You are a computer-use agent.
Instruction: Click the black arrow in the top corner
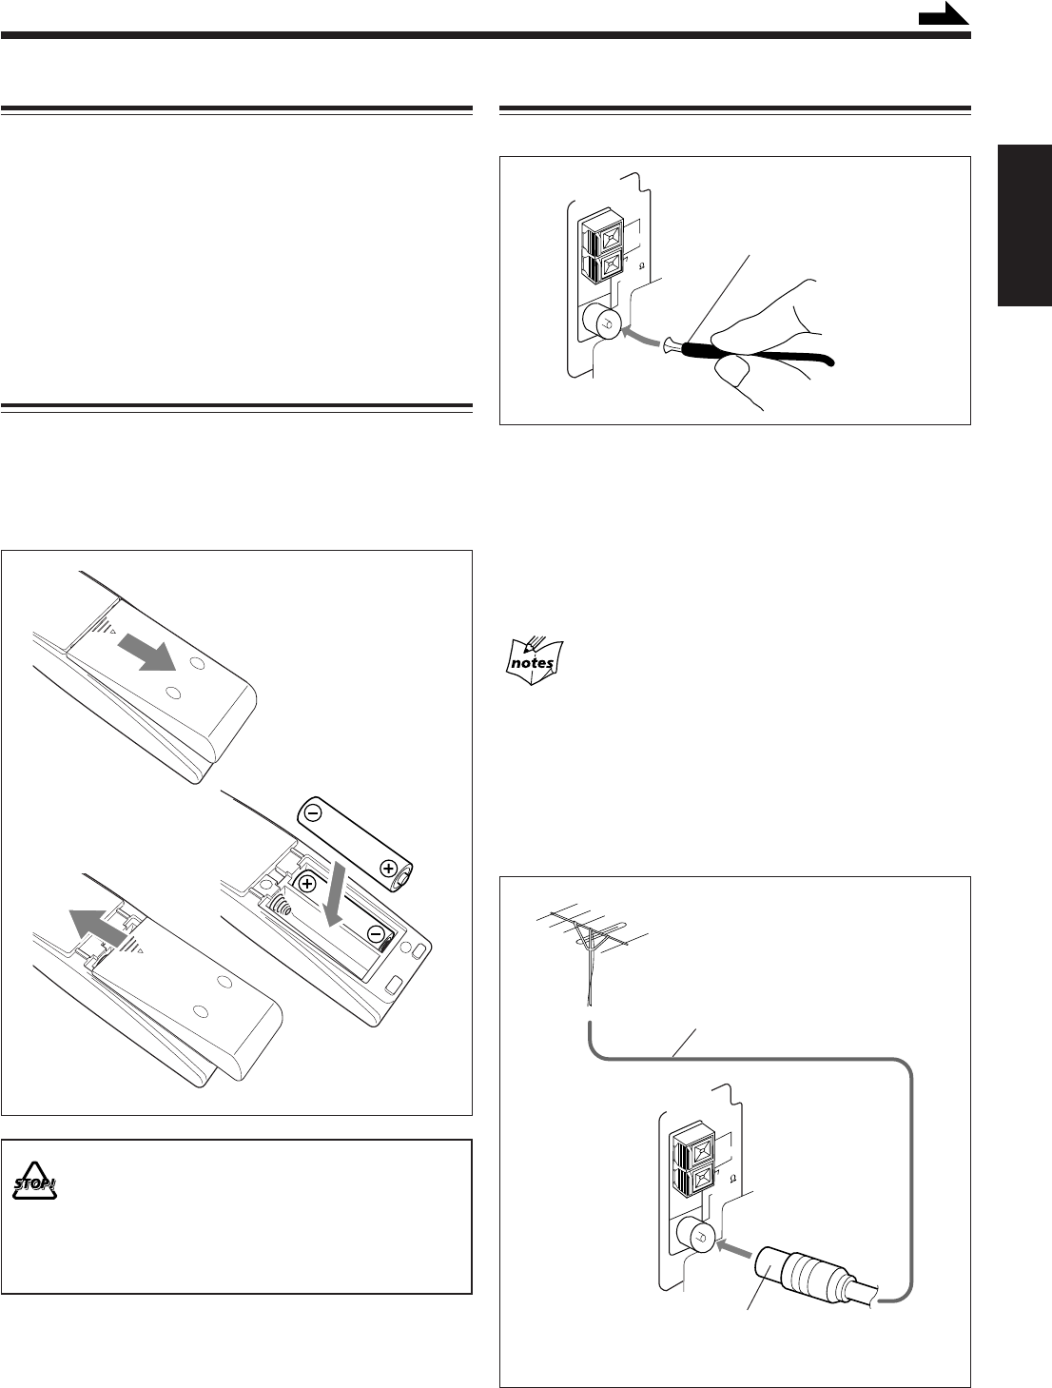coord(944,14)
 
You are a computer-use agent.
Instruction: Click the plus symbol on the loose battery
coord(387,868)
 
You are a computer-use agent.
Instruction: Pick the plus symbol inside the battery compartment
coord(307,884)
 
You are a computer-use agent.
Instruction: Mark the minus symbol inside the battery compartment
coord(376,933)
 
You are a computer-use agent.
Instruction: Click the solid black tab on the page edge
coord(1024,225)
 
